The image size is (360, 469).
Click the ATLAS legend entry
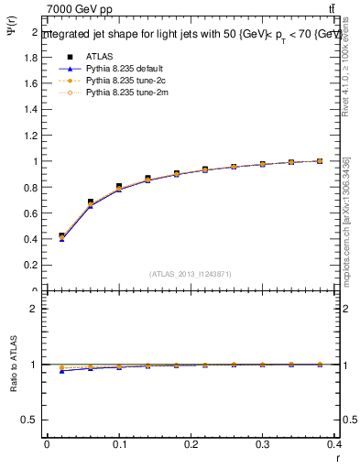tap(98, 56)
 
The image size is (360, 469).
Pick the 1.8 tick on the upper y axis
tap(31, 57)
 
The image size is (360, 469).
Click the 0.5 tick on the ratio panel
tap(31, 420)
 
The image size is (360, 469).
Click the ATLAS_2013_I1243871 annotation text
tap(191, 274)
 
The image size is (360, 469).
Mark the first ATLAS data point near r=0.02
tap(61, 236)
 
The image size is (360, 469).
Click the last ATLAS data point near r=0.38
tap(320, 161)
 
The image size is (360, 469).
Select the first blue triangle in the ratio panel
tap(61, 370)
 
